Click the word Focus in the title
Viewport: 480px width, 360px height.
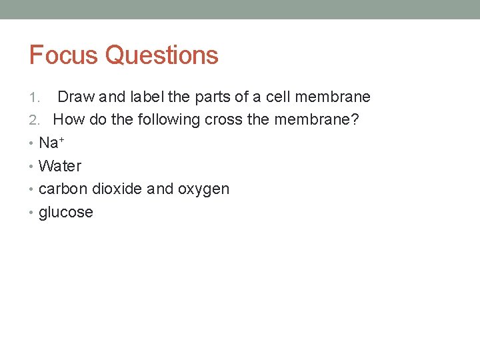[x=64, y=55]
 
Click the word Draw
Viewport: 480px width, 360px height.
[x=77, y=97]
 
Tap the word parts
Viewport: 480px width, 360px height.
[x=211, y=97]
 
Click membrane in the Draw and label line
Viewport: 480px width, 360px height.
[x=333, y=97]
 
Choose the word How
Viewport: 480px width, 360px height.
[x=68, y=120]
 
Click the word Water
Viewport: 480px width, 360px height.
[x=60, y=166]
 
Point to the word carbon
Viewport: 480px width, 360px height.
[x=63, y=189]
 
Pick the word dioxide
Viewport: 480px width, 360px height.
[x=117, y=189]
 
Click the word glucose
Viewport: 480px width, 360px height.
[x=66, y=213]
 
